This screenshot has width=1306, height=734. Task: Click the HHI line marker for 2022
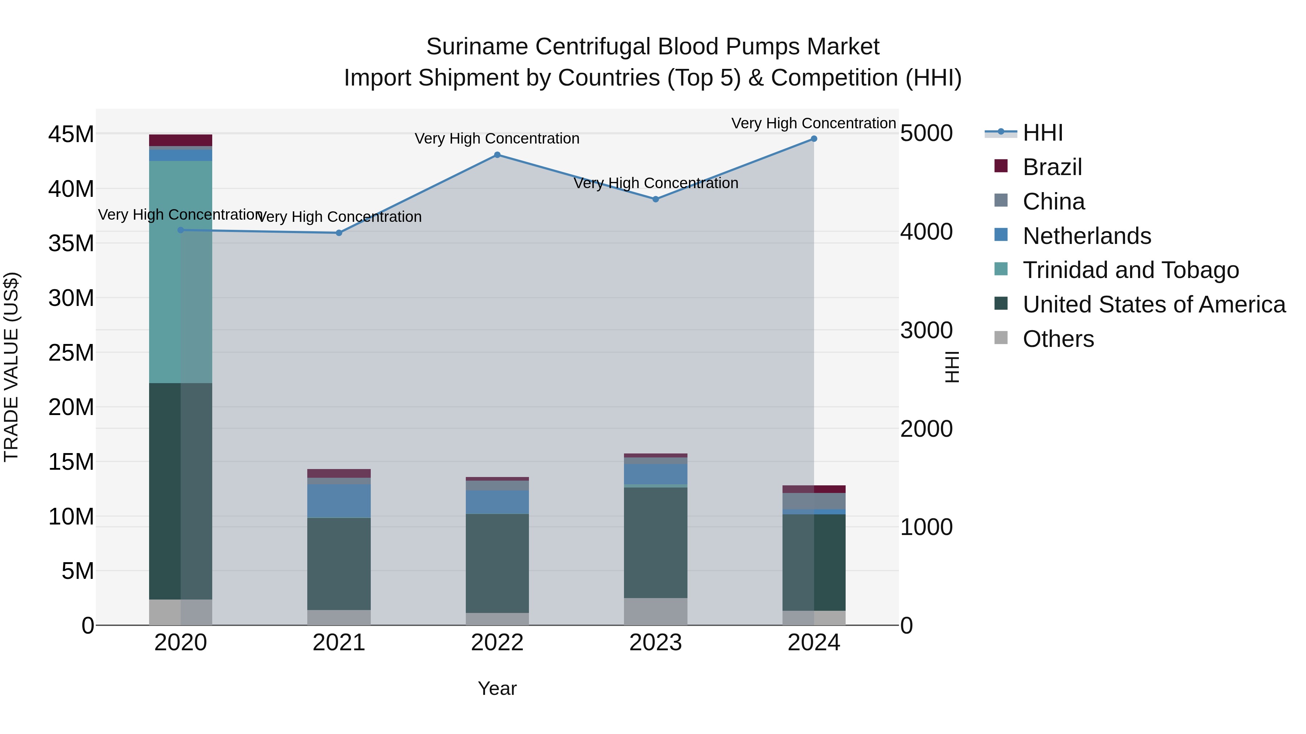(497, 155)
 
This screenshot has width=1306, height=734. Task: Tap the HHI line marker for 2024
(814, 139)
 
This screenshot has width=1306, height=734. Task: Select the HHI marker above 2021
(339, 233)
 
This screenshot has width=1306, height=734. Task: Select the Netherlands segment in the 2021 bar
(339, 501)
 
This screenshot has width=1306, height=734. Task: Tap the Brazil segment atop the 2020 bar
(181, 140)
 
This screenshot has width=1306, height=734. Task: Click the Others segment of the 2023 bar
(656, 611)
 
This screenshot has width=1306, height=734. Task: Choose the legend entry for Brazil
(1052, 167)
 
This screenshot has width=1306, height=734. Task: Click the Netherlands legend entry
(1087, 236)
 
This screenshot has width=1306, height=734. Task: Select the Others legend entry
(1058, 339)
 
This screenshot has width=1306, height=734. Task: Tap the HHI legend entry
(1042, 133)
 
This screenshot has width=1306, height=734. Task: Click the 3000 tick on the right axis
(926, 330)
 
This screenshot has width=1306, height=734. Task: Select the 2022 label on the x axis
(497, 643)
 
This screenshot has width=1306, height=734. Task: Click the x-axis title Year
(497, 688)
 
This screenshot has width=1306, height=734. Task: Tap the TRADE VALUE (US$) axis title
(12, 367)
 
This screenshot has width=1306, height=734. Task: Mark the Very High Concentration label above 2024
(814, 123)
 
